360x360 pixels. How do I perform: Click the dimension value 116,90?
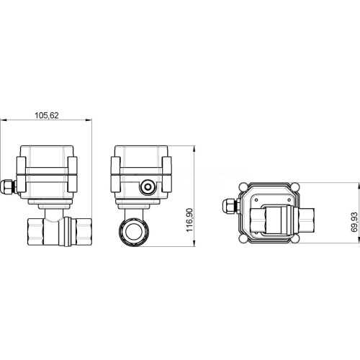click(x=189, y=220)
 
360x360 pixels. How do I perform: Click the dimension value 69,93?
click(x=354, y=222)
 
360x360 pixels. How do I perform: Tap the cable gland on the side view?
click(x=8, y=187)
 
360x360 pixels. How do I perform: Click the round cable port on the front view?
click(x=147, y=186)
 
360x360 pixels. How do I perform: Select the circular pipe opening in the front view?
click(x=134, y=232)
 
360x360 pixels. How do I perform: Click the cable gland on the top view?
click(x=231, y=206)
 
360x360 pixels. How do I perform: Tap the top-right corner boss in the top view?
click(x=295, y=186)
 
